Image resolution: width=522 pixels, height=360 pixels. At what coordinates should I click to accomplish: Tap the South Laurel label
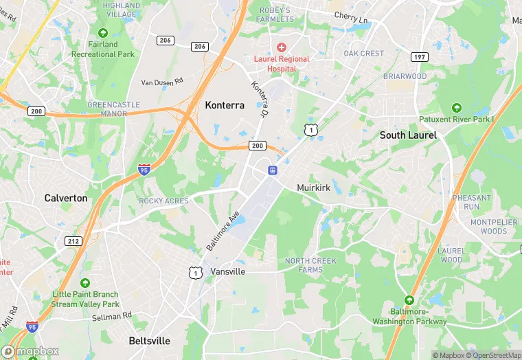click(408, 135)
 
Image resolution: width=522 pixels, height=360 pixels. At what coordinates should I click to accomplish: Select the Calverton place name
click(66, 198)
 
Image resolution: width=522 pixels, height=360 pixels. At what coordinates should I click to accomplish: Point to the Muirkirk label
click(315, 188)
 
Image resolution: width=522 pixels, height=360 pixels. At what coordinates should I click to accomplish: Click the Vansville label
click(228, 271)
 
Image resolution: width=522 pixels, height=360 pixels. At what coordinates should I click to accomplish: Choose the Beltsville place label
click(149, 341)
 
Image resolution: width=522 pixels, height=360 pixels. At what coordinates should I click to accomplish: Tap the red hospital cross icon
click(281, 47)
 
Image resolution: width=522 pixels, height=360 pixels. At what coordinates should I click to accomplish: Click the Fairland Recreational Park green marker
click(103, 33)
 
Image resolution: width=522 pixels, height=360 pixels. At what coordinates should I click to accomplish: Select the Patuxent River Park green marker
click(456, 108)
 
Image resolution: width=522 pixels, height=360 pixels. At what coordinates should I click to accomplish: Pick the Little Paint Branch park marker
click(85, 283)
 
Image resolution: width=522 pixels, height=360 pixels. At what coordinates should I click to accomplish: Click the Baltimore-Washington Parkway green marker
click(409, 300)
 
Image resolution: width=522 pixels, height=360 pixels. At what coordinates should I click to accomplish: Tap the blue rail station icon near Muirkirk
click(273, 170)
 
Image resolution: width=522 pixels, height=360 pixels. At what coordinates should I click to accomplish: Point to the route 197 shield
click(419, 56)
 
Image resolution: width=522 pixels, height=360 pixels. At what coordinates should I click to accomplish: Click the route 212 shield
click(73, 241)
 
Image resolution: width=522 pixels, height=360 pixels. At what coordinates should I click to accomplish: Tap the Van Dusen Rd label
click(163, 82)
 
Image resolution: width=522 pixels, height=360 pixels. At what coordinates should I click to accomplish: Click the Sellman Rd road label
click(111, 316)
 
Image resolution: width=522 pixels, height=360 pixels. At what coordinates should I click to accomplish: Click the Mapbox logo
click(30, 351)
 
